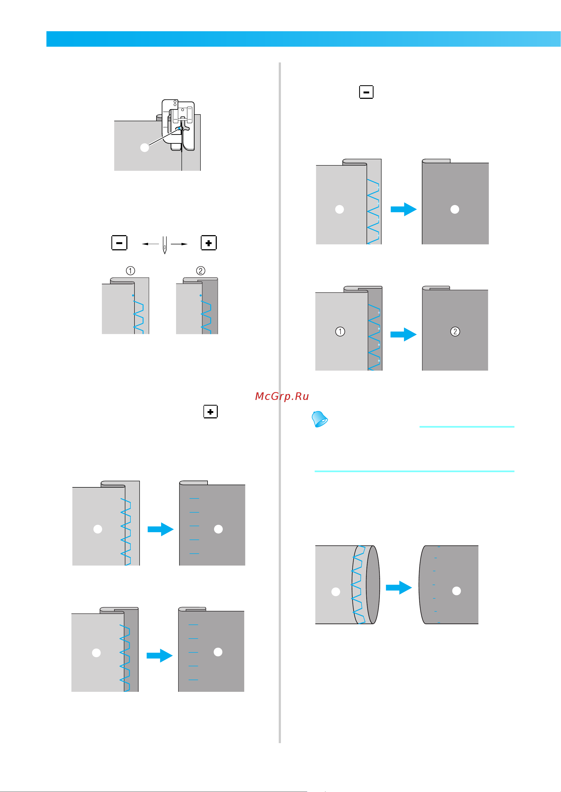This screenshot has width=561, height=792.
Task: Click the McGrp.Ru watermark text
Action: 282,396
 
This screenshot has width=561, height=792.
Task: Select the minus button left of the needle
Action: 119,243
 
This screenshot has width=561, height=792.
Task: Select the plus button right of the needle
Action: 209,243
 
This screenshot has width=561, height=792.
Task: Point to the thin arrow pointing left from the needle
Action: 150,244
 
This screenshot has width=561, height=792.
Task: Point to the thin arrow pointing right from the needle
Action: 179,244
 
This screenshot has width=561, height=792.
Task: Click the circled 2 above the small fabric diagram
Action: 201,271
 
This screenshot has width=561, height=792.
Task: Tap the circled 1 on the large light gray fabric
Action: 340,332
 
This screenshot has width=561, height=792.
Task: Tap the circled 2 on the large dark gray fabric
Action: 455,332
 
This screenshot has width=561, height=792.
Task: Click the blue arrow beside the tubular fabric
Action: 399,587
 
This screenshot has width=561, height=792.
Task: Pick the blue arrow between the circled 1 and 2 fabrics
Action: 403,334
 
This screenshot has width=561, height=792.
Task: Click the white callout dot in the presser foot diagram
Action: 145,148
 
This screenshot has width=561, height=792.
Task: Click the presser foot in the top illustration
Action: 178,125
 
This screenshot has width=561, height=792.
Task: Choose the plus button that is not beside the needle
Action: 210,412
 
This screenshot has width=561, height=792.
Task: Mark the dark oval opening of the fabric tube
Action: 373,585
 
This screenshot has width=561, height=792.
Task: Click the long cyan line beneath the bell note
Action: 415,471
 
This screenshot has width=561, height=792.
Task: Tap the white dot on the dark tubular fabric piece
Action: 456,591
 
